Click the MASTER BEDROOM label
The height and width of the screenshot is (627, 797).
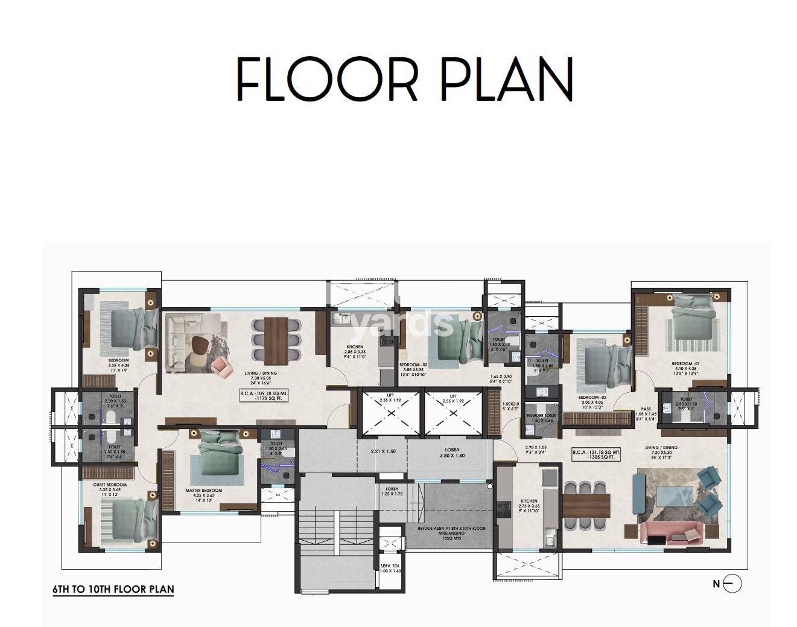pyautogui.click(x=203, y=494)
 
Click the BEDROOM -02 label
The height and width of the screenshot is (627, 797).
pyautogui.click(x=591, y=401)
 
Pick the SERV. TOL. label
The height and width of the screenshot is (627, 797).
pyautogui.click(x=390, y=568)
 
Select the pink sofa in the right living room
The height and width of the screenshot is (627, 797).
pyautogui.click(x=670, y=533)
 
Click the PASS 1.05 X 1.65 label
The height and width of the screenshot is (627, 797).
pyautogui.click(x=646, y=413)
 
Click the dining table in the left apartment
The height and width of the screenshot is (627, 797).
pyautogui.click(x=277, y=340)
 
